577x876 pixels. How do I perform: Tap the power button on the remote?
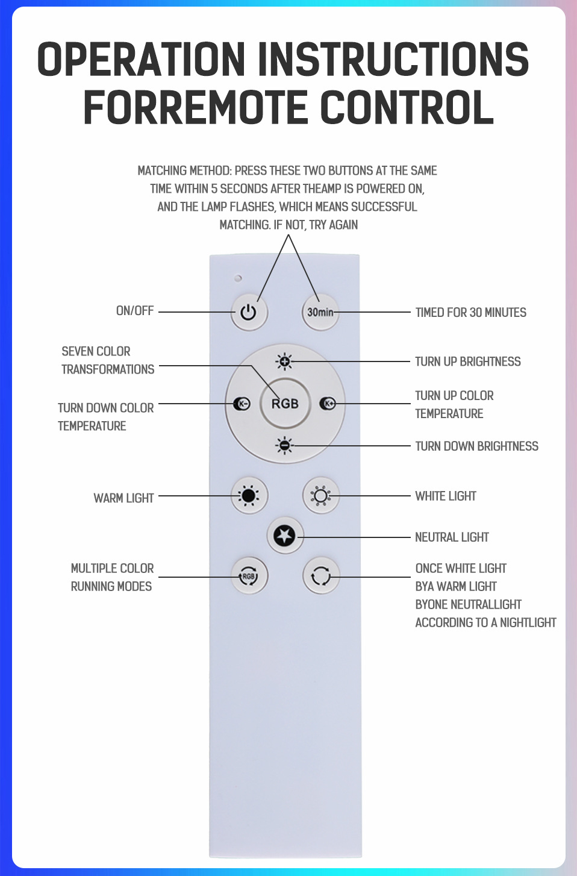249,312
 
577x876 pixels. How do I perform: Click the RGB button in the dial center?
285,404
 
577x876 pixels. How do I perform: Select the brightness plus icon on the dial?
284,361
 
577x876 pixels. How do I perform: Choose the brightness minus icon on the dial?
284,446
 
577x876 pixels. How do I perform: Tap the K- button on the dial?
242,404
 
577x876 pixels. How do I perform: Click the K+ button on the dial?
328,404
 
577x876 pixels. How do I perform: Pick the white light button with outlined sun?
320,496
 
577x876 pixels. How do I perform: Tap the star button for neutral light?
285,536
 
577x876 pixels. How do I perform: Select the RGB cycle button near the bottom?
249,576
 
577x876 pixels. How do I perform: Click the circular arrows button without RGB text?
320,577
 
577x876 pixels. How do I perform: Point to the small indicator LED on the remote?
238,278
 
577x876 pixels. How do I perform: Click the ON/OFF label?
135,311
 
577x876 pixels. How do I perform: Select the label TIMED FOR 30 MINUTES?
470,313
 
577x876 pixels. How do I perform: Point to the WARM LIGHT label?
123,498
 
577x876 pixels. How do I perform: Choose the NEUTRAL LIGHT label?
452,537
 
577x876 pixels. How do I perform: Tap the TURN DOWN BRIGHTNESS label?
476,446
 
